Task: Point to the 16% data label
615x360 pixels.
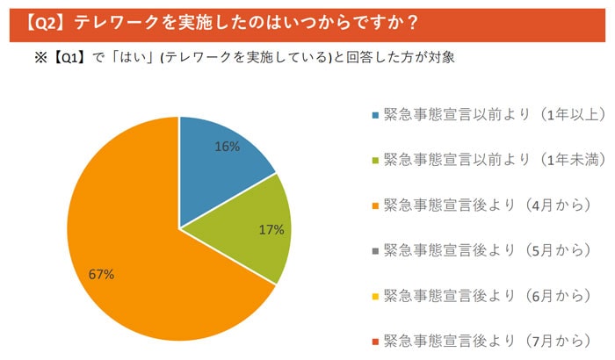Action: [x=227, y=147]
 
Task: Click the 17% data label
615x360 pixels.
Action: [x=271, y=230]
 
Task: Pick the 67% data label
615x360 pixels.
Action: [x=101, y=275]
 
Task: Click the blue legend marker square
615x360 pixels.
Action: [x=375, y=115]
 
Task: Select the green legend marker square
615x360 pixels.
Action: [x=375, y=161]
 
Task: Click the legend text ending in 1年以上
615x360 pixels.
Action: [x=495, y=114]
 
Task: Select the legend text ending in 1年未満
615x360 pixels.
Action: [x=495, y=160]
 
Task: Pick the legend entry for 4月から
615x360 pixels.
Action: [x=488, y=205]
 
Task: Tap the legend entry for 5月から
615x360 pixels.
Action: [x=488, y=250]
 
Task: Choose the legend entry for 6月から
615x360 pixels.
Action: [x=488, y=296]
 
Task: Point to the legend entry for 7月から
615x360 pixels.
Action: [x=488, y=341]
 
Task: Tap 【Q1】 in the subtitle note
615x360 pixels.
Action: [x=69, y=58]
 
